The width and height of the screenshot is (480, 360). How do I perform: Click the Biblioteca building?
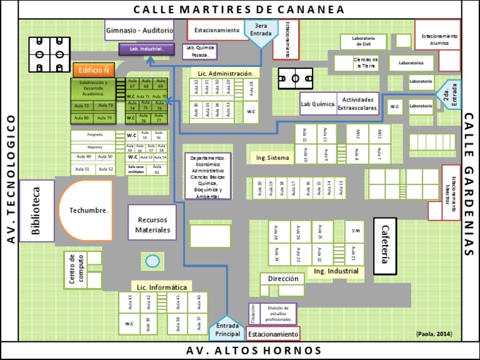tap(36, 211)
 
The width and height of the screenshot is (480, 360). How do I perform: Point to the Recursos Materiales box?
tap(152, 224)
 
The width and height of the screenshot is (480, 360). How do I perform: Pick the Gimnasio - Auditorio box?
tap(139, 30)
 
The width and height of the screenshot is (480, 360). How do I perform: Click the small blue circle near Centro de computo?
tap(151, 261)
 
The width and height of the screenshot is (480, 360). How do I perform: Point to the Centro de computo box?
tap(76, 269)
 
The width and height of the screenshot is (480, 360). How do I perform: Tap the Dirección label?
tap(283, 279)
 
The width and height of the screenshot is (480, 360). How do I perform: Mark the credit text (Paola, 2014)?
tap(434, 334)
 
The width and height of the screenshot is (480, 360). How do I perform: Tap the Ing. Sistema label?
tap(272, 158)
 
